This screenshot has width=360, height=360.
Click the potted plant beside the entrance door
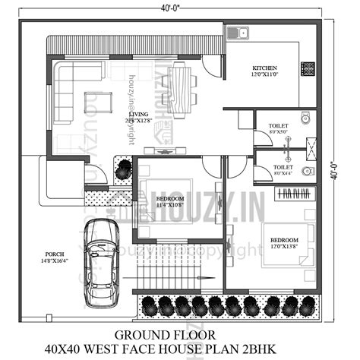(x=122, y=171)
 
